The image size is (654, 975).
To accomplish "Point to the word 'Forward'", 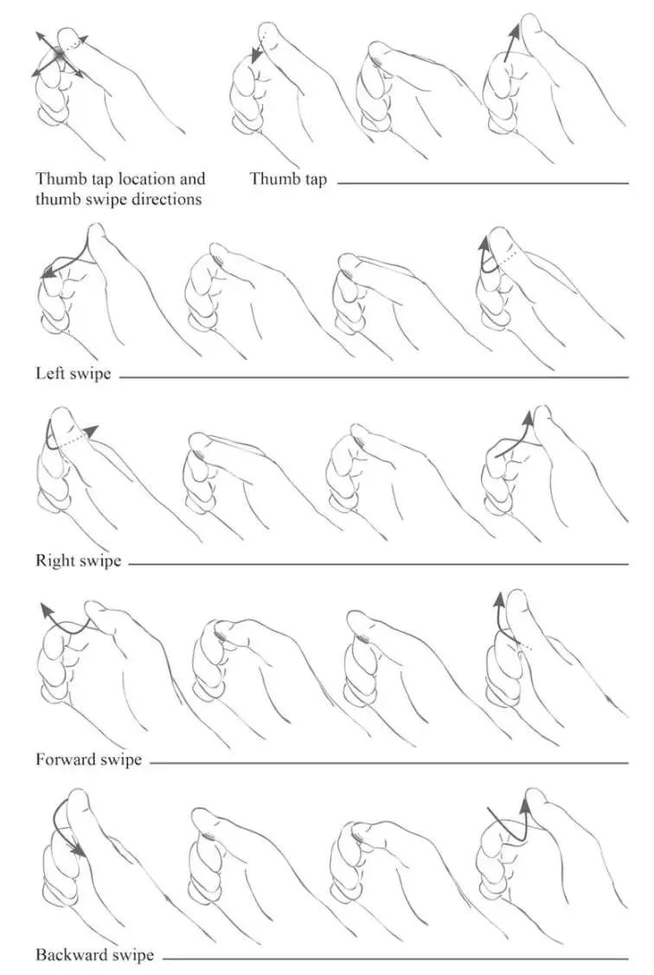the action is click(x=66, y=760).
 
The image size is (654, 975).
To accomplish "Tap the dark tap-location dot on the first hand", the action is click(x=59, y=55).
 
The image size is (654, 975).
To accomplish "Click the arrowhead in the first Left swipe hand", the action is click(x=46, y=273).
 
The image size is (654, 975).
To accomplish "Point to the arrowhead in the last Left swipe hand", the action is click(x=484, y=243).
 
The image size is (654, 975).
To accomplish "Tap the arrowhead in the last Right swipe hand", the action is click(x=528, y=417).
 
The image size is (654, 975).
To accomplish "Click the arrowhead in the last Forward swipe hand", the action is click(x=498, y=600).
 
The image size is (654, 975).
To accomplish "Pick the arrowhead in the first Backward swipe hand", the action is click(x=79, y=848).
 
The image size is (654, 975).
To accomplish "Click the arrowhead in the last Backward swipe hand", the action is click(x=527, y=805).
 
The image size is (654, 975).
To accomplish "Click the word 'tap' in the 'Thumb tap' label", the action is click(x=315, y=180).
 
